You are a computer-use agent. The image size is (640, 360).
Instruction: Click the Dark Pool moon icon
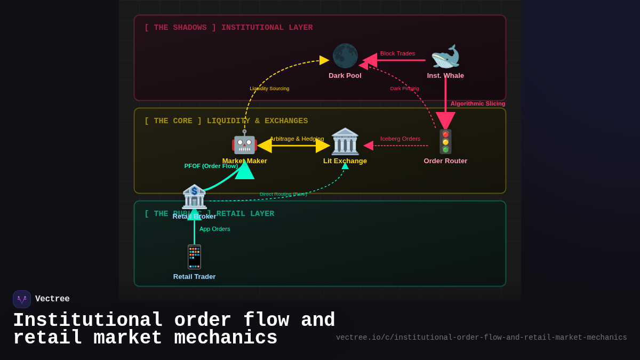click(x=345, y=56)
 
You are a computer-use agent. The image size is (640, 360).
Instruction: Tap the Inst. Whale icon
click(x=445, y=57)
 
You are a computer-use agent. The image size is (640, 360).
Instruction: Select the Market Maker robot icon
click(x=244, y=142)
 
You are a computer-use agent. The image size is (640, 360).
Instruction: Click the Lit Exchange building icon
click(x=345, y=141)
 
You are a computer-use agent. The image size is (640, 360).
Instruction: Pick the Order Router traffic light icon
click(x=445, y=142)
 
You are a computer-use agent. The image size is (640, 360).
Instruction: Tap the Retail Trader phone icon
click(x=194, y=257)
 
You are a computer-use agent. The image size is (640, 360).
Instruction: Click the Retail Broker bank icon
click(x=194, y=197)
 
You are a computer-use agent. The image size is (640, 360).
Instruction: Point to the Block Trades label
click(x=397, y=53)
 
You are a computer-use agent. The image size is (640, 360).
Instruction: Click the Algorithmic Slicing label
click(x=478, y=103)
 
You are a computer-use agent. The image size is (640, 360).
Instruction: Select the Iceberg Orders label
click(x=400, y=139)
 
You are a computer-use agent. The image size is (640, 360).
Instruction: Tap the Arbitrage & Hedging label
click(x=297, y=139)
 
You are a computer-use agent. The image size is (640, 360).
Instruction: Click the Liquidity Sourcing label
click(x=269, y=89)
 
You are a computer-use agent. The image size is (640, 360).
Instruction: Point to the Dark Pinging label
click(x=404, y=89)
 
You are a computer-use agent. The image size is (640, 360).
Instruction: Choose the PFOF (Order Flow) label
click(x=211, y=166)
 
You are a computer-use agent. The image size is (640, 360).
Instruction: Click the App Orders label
click(x=214, y=229)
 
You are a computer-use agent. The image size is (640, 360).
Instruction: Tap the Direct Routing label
click(x=283, y=194)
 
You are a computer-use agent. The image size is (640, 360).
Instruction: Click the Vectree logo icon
click(x=22, y=299)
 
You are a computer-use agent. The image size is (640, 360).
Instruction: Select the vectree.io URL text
click(x=481, y=338)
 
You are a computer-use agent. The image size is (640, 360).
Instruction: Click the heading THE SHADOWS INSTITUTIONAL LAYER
click(x=228, y=28)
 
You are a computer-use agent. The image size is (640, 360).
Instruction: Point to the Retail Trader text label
click(x=194, y=276)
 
